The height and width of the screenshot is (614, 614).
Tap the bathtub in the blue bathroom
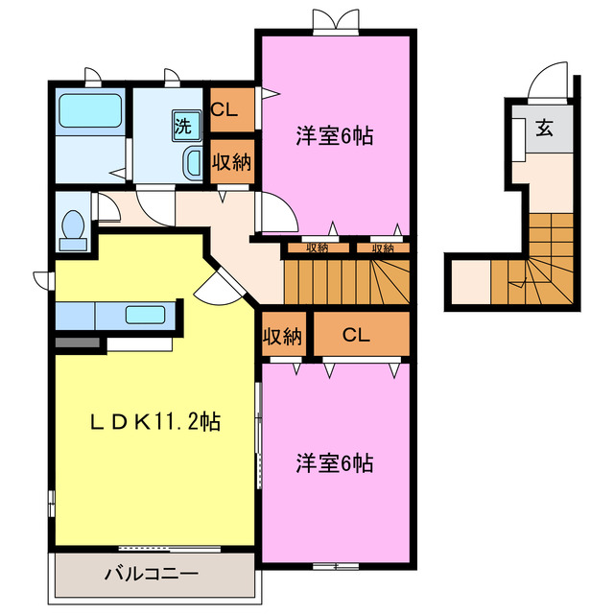89,112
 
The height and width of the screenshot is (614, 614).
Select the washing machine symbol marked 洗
183,124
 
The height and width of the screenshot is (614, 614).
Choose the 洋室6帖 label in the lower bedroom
334,463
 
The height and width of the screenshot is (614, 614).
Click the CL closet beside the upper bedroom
231,108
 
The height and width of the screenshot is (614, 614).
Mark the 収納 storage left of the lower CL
283,336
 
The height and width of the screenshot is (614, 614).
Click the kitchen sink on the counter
146,314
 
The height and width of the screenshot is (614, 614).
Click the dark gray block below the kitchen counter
78,341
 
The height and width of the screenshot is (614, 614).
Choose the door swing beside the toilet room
107,207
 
